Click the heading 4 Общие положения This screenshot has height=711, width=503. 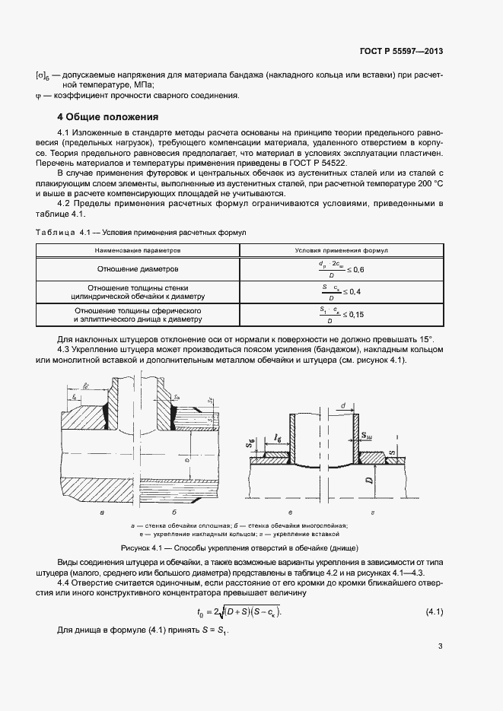(x=108, y=117)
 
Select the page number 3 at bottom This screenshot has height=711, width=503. (x=441, y=647)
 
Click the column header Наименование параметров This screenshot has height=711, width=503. (x=138, y=249)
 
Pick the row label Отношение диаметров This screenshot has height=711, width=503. (x=138, y=268)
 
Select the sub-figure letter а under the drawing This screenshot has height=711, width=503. (x=103, y=515)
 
